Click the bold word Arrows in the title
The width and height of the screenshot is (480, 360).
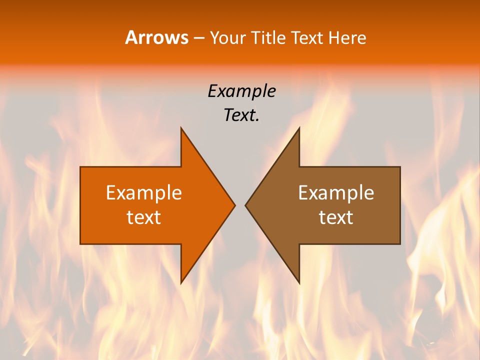tap(156, 37)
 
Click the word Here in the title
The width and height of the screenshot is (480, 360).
tap(347, 38)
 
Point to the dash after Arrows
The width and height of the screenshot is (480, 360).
tap(198, 38)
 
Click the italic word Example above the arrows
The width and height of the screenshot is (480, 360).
tap(241, 91)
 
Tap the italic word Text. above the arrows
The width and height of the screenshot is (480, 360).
tap(241, 115)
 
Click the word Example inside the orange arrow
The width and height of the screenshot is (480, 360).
tap(144, 192)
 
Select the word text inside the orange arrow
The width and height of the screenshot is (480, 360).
tap(144, 217)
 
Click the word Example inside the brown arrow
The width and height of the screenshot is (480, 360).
tap(336, 192)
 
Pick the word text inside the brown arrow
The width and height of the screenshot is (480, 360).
tap(336, 217)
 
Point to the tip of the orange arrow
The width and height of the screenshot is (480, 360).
tap(234, 205)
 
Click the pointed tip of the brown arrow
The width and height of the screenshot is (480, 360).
tap(245, 205)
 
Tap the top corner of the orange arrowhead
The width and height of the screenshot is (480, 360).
tap(181, 128)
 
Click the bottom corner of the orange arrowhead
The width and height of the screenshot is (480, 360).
tap(181, 283)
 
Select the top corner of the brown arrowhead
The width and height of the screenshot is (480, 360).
tap(299, 128)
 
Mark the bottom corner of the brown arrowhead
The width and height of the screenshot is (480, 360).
tap(299, 283)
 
